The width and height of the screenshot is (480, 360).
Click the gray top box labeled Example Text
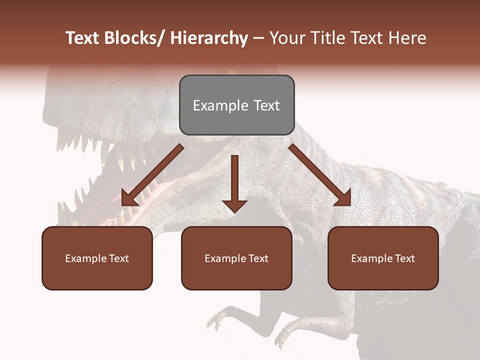tap(236, 105)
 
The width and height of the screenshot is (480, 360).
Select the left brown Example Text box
tap(97, 258)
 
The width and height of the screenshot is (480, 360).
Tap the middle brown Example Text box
tap(236, 258)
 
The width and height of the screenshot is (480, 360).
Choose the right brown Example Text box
tap(383, 258)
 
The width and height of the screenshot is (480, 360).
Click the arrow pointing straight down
tap(234, 182)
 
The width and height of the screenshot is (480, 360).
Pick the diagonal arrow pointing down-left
tap(152, 175)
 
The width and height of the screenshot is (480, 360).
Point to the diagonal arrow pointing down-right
tap(320, 175)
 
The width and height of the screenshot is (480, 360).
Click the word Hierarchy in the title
tap(209, 38)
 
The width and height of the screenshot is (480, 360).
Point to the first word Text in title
tap(83, 38)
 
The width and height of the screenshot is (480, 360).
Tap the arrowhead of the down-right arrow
tap(343, 199)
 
